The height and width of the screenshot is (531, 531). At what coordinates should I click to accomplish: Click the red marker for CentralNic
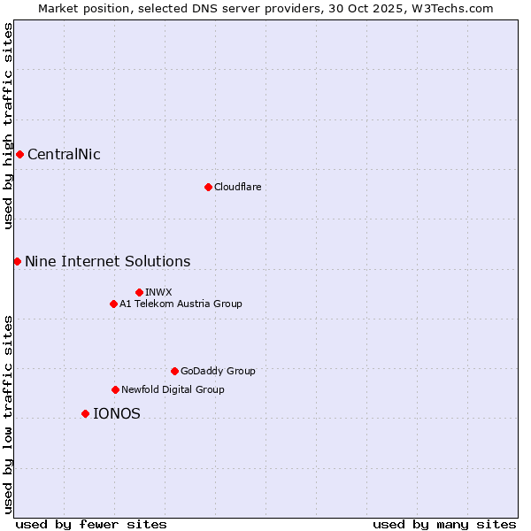[x=19, y=154]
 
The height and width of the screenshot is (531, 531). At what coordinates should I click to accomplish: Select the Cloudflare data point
[x=208, y=187]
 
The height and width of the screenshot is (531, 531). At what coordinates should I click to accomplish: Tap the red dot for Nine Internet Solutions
[x=17, y=261]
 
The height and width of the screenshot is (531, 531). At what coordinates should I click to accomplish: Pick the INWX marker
[x=139, y=292]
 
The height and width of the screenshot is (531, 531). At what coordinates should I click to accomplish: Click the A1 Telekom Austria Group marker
[x=113, y=304]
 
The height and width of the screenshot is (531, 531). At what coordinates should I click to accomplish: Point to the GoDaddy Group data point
[x=174, y=371]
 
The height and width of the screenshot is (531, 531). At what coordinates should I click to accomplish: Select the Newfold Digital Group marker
[x=115, y=389]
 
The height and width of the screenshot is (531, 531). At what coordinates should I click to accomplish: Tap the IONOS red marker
[x=85, y=413]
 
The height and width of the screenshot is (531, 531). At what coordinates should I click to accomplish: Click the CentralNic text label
[x=64, y=155]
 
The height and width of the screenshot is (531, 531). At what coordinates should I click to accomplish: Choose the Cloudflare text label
[x=237, y=187]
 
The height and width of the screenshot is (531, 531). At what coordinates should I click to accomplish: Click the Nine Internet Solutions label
[x=107, y=261]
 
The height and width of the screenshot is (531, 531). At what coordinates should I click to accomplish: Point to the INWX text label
[x=158, y=292]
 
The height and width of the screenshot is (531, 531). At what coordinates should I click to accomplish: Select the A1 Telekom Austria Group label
[x=181, y=304]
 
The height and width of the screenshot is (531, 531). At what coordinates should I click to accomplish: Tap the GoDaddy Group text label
[x=218, y=371]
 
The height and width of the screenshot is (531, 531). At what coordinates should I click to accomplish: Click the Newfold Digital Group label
[x=173, y=389]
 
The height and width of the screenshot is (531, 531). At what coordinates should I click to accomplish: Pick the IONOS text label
[x=116, y=413]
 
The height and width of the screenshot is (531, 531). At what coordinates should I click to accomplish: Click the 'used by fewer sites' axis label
[x=91, y=524]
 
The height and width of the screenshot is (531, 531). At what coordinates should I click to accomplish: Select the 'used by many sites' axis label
[x=444, y=524]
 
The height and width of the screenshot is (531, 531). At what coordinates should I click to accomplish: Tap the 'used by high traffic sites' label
[x=8, y=126]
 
